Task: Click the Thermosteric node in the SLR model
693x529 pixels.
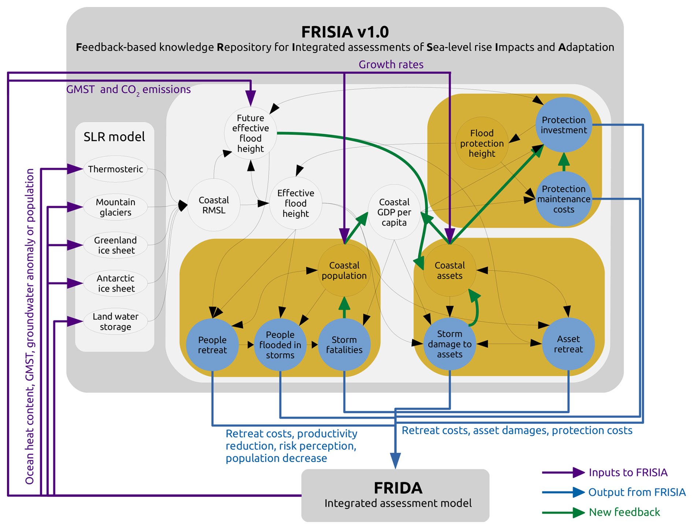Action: click(115, 169)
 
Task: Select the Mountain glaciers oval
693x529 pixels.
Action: click(115, 207)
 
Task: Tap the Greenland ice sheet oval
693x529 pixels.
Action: click(115, 245)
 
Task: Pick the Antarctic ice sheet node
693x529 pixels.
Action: click(115, 283)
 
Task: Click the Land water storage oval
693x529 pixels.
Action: click(115, 321)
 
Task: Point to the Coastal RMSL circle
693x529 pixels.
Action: click(214, 205)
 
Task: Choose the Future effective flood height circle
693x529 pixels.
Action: click(251, 133)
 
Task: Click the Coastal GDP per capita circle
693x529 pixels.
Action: click(394, 212)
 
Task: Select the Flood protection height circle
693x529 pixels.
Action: click(482, 143)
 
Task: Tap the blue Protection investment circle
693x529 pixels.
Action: click(564, 125)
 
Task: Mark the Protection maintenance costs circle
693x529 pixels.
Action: click(564, 199)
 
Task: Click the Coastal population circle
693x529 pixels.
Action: click(344, 270)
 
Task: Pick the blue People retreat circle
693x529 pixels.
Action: click(212, 345)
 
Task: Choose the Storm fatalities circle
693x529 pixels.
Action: click(344, 345)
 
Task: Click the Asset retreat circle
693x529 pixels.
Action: click(568, 344)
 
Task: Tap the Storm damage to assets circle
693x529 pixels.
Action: click(449, 344)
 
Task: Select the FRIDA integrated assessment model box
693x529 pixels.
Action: click(395, 495)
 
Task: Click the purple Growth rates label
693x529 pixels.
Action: click(391, 64)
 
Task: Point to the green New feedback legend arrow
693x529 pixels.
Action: click(563, 512)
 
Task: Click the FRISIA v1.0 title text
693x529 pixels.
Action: click(345, 32)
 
